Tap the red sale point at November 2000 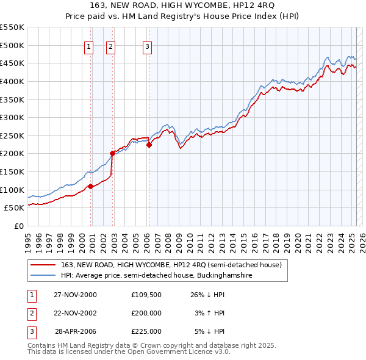coord(91,186)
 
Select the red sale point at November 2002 coord(112,154)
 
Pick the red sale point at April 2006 coord(149,145)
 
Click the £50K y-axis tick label coord(15,207)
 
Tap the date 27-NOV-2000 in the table coord(75,295)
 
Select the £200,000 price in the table coord(146,313)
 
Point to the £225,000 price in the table coord(146,331)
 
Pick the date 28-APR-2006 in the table coord(75,331)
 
